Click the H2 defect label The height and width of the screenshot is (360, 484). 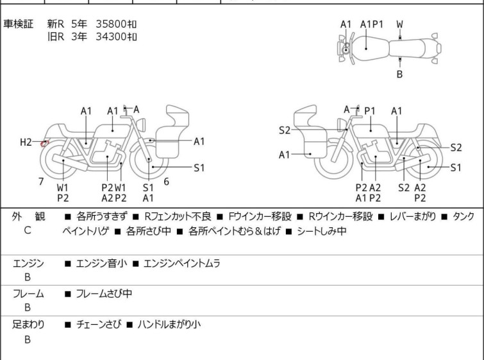26,142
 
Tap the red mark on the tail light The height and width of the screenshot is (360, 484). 45,143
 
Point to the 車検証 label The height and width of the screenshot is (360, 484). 18,24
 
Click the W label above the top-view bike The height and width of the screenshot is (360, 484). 399,24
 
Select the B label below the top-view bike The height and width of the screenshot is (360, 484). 399,74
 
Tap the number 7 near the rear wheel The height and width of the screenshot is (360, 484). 41,182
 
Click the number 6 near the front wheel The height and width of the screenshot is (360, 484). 167,182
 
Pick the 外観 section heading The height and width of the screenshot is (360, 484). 28,216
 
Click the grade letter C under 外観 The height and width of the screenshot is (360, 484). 28,230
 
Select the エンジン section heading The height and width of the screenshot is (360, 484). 28,263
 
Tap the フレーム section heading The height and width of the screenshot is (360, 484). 28,293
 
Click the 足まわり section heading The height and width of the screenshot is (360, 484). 28,324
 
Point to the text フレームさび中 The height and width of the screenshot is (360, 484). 104,293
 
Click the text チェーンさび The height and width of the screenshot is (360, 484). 99,324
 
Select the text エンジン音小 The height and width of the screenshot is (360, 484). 101,263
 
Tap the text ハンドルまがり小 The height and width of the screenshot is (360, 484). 169,324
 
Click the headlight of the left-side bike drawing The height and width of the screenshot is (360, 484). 141,124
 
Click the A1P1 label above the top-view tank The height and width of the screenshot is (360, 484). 372,24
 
